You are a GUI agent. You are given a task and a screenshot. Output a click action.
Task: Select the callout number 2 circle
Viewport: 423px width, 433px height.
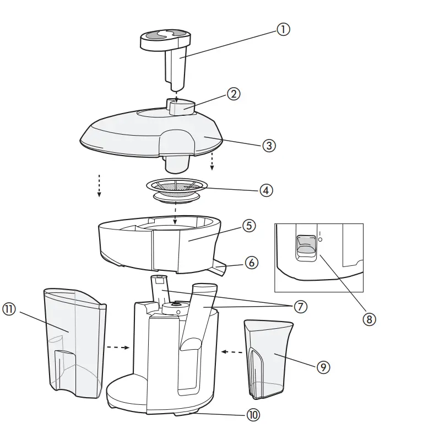click(234, 94)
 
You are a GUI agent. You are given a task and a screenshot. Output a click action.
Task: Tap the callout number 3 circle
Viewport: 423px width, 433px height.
click(268, 146)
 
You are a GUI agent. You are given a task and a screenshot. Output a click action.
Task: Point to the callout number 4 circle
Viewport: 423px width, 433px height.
click(266, 190)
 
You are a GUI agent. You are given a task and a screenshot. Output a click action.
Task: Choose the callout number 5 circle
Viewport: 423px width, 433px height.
click(249, 226)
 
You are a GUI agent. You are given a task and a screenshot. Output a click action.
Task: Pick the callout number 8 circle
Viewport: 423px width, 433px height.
click(370, 319)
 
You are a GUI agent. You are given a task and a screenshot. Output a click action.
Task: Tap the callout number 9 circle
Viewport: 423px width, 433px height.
click(323, 367)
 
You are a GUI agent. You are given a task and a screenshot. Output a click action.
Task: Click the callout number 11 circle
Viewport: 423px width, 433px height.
click(9, 310)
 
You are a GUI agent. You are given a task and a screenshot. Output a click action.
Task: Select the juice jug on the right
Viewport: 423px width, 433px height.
click(268, 359)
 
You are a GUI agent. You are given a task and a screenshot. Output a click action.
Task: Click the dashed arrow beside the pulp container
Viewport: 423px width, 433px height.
click(117, 348)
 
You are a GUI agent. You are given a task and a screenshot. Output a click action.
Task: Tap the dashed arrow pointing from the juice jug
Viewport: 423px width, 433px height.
click(231, 351)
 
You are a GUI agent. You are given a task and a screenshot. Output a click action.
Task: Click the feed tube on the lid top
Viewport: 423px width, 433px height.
click(181, 106)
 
